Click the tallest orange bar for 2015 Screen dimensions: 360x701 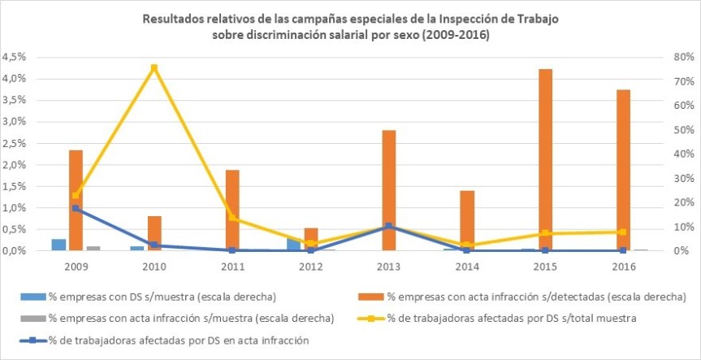coord(545,159)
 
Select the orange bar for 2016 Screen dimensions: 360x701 coord(623,170)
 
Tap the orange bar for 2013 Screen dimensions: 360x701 coord(388,190)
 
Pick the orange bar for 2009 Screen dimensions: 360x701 coord(76,200)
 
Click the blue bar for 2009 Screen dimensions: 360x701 coord(58,245)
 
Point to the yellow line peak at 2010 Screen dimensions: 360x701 coord(154,67)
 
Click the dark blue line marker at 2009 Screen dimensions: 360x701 coord(76,208)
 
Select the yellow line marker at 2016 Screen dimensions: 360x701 coord(623,232)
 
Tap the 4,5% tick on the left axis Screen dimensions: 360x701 coord(16,58)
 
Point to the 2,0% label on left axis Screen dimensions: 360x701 coord(16,165)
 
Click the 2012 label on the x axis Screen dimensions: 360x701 coord(309,265)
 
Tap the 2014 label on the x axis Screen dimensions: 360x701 coord(466,265)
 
